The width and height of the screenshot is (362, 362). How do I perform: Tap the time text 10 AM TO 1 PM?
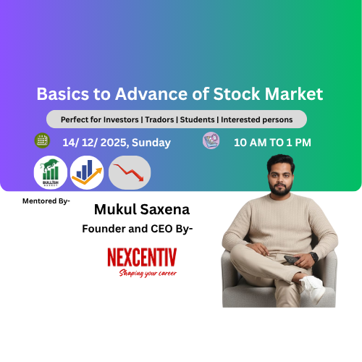(272, 143)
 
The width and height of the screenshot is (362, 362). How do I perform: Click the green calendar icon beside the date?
(42, 140)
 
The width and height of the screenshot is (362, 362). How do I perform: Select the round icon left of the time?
(211, 140)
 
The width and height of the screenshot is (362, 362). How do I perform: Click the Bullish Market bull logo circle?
(51, 173)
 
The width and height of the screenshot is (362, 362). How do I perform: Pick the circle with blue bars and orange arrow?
(88, 173)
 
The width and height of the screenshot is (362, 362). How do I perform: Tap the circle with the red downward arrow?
(130, 173)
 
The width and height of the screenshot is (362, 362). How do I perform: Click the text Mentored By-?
(46, 201)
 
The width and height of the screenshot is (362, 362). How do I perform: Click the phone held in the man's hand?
(293, 258)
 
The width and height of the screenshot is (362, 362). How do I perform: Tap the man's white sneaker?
(312, 283)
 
